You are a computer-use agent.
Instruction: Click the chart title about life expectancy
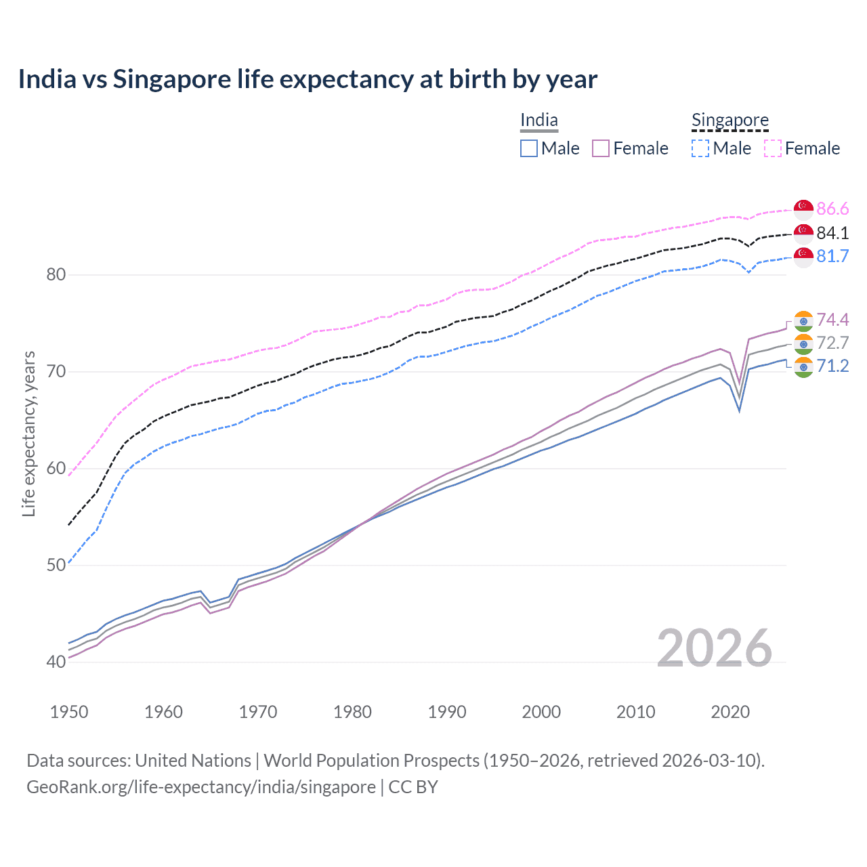308,79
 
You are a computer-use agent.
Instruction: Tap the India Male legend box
529,148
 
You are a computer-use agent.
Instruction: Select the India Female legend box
601,148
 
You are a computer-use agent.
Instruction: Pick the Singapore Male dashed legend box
700,148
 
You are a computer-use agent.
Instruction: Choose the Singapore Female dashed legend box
773,148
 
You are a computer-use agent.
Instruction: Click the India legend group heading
539,121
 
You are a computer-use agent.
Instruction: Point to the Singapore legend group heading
730,121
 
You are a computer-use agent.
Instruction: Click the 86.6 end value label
832,209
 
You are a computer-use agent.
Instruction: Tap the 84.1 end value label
832,233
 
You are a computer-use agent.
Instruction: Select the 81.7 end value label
832,256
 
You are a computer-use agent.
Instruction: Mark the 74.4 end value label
832,320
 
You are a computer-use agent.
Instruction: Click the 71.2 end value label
832,366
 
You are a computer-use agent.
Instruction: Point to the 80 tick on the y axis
56,275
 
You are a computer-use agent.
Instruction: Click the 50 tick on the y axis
56,565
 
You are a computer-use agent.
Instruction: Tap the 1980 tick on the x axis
352,712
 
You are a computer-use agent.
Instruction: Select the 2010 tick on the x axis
635,712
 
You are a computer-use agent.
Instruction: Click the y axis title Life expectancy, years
28,433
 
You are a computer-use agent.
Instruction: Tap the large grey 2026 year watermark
714,648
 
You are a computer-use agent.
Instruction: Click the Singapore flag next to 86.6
803,209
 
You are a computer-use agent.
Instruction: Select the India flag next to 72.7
803,343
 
